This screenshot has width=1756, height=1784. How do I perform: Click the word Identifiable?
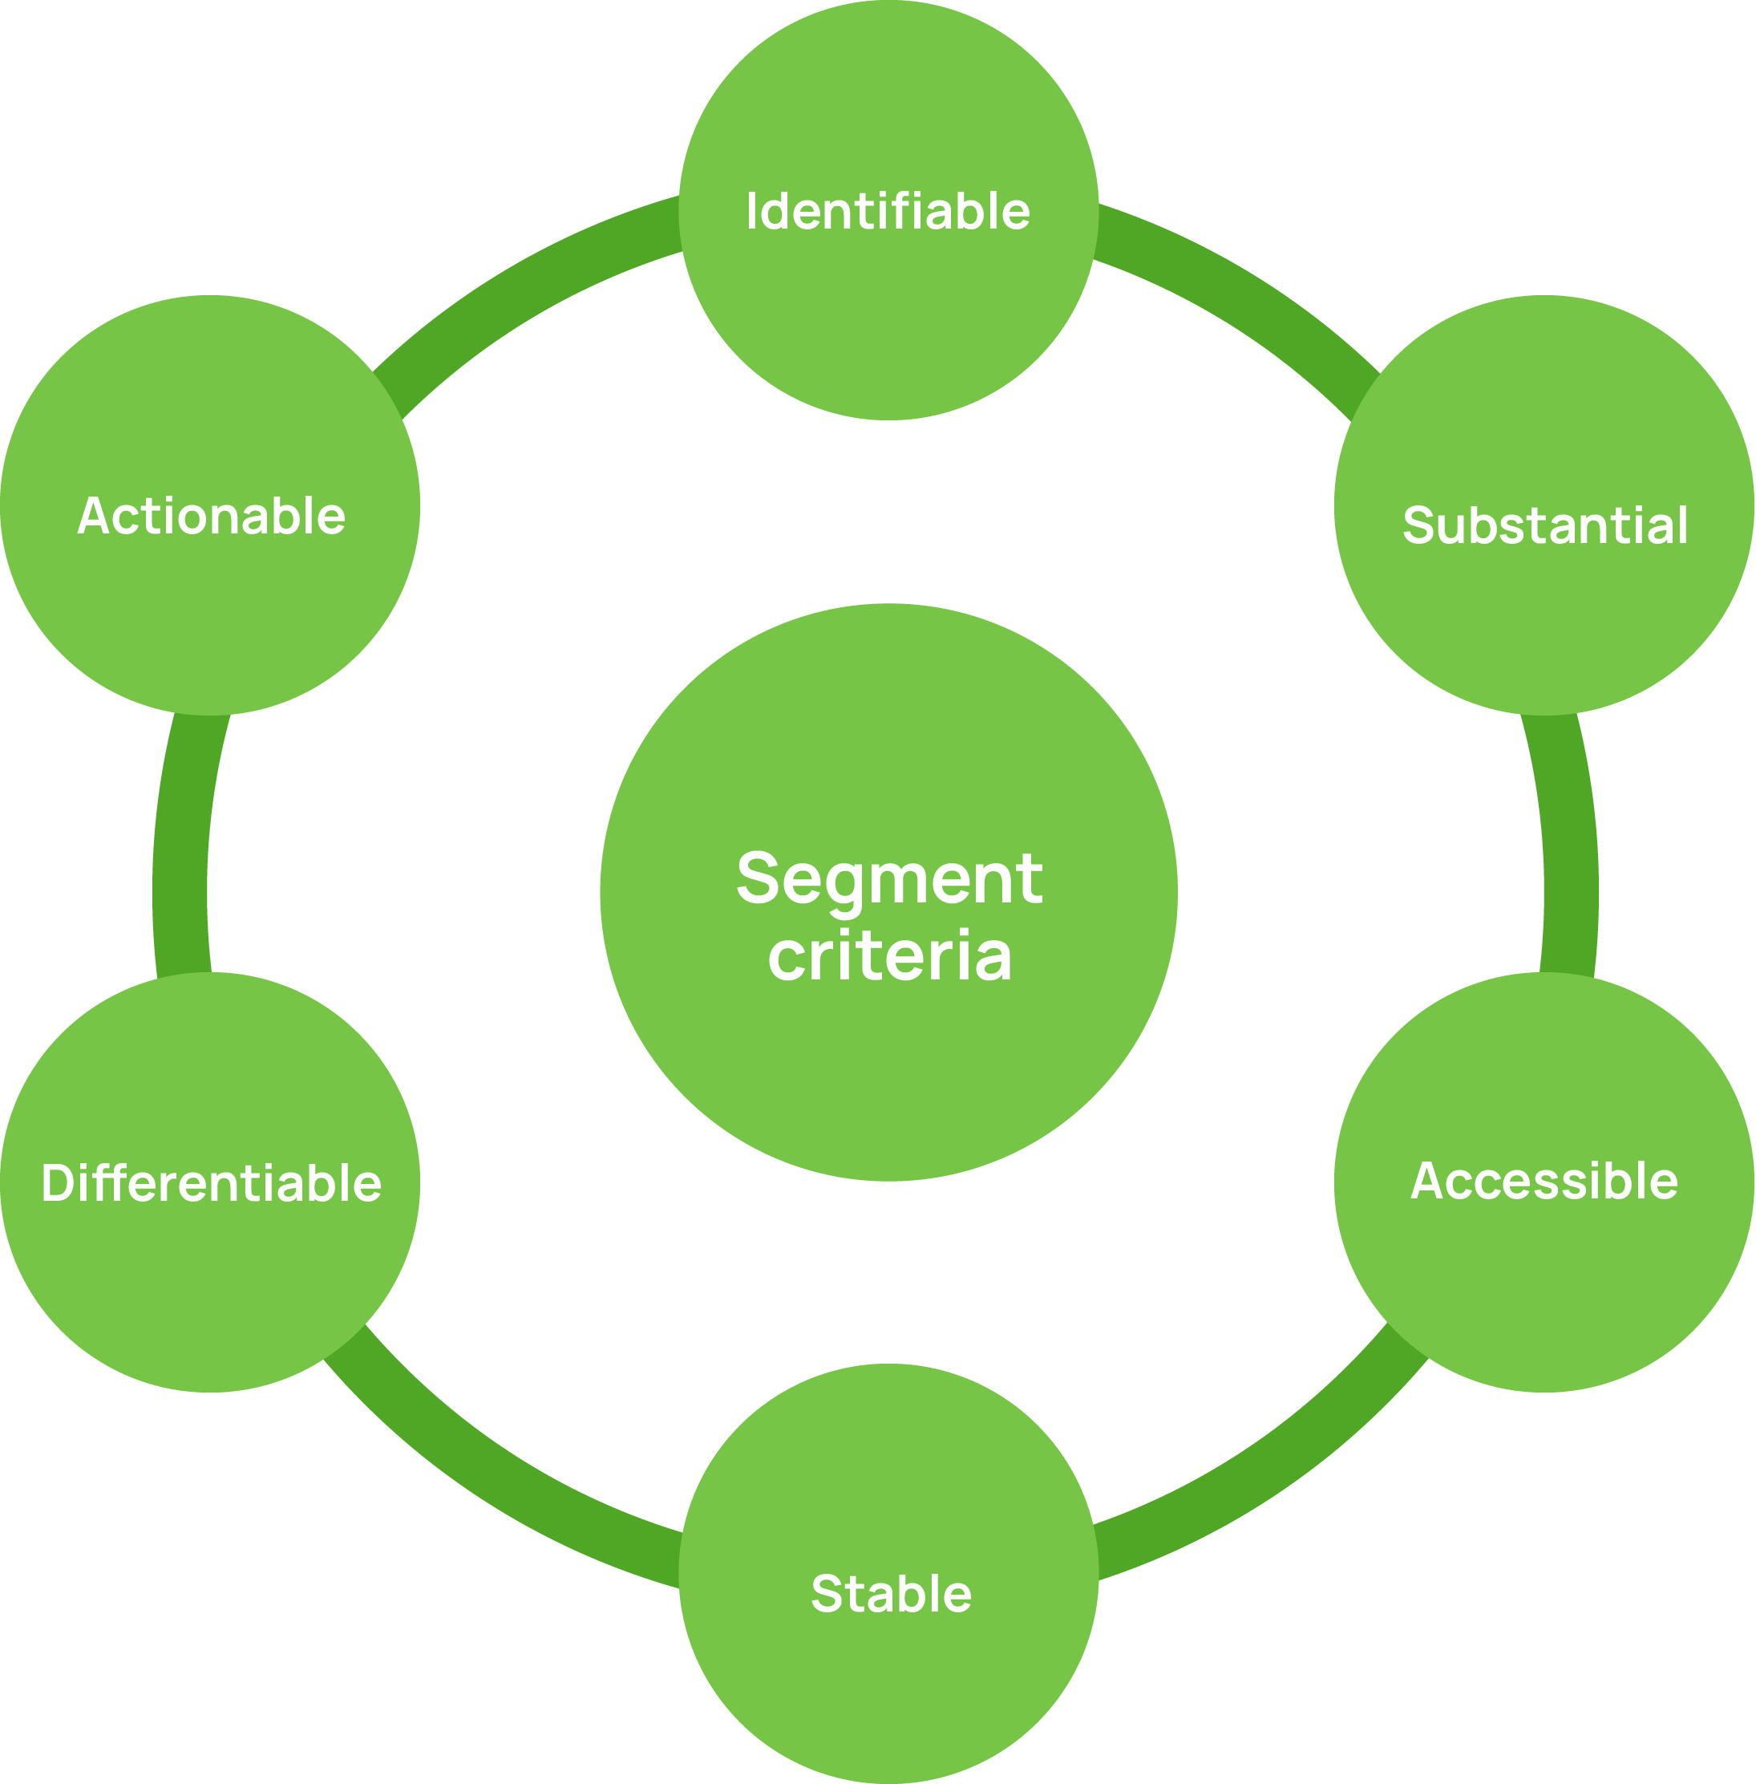[888, 211]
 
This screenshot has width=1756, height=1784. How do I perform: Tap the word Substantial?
[1545, 525]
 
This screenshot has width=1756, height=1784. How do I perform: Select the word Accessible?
[1544, 1181]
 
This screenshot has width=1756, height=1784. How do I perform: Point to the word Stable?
[891, 1594]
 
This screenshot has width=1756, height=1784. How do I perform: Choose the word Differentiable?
[211, 1183]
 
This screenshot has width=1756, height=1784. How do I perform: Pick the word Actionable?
[211, 516]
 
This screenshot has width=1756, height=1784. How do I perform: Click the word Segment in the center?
[889, 878]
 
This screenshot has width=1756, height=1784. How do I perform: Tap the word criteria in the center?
[890, 955]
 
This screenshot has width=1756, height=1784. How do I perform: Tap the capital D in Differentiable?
[57, 1183]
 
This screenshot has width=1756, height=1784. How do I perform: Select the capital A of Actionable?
[93, 516]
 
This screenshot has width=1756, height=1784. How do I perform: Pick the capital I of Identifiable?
[751, 211]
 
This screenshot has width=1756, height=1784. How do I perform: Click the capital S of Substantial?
[1418, 525]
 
